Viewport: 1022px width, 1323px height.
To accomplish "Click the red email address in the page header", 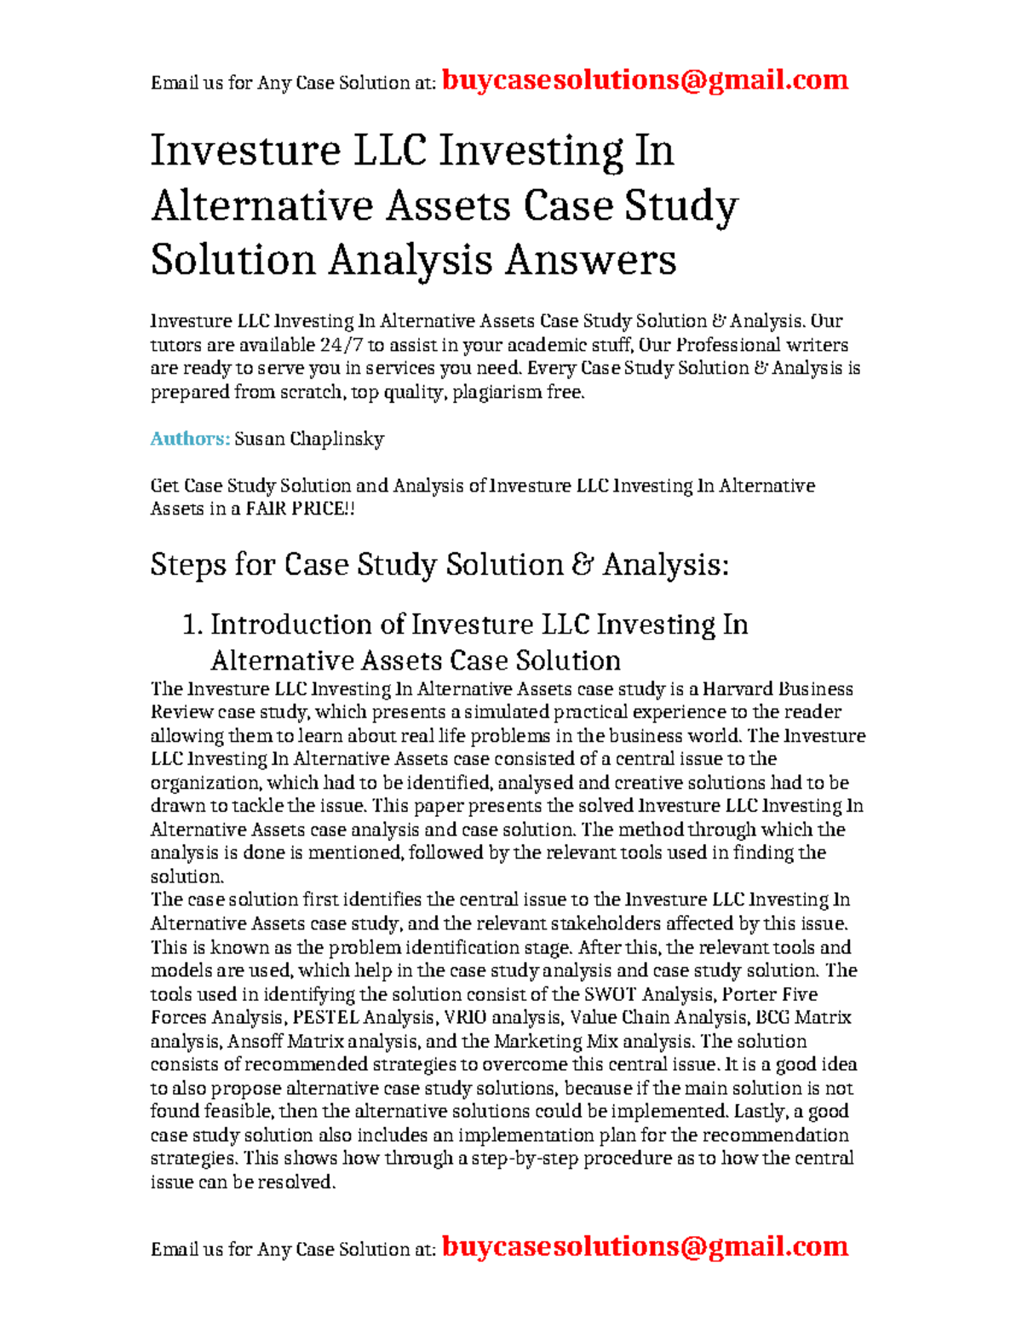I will click(645, 80).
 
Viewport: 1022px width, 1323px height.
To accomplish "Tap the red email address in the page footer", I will click(645, 1246).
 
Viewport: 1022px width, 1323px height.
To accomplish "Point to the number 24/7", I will click(341, 345).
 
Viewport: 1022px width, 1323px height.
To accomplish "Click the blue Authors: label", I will click(190, 439).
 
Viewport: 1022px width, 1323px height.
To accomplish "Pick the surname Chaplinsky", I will click(336, 440).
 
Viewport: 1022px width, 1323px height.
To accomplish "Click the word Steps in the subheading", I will click(188, 565).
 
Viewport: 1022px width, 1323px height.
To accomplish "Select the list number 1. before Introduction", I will click(192, 625).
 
